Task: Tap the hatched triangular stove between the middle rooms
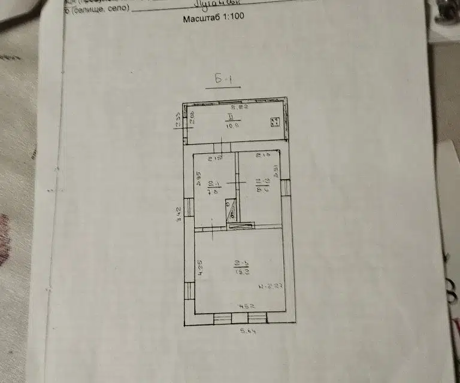click(x=232, y=211)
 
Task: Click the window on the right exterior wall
click(x=286, y=187)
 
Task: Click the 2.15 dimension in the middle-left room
click(x=215, y=158)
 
